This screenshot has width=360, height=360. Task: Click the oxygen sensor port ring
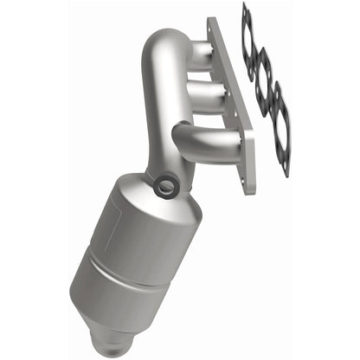pos(164,185)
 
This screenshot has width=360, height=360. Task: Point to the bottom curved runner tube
pos(204,135)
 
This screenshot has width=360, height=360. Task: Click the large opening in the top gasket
pos(252,42)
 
